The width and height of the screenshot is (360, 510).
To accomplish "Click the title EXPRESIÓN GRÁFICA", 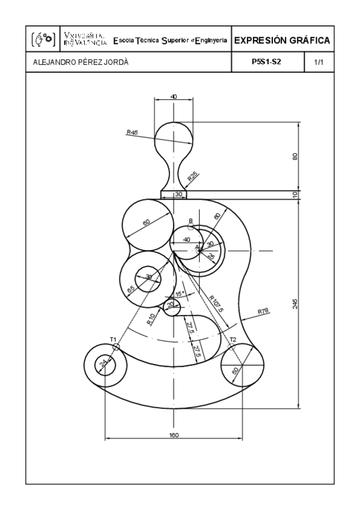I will coord(282,41).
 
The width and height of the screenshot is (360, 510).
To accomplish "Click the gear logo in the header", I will coord(42,41).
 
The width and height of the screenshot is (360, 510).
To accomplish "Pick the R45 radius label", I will coord(132,132).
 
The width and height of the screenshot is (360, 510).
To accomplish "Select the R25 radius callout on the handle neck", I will coord(192,176).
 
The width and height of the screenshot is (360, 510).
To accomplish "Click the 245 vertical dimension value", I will coord(294,305).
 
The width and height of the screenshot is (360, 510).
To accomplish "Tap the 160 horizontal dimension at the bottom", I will coord(174,434).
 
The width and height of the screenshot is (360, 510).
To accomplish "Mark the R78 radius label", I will coord(263,311).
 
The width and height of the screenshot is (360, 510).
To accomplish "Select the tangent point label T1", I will coord(112,340).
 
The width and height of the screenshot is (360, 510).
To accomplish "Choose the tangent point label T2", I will coord(233,340).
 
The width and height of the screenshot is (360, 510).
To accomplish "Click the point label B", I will coord(191,221).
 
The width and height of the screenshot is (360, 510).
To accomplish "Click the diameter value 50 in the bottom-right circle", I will coord(235,370).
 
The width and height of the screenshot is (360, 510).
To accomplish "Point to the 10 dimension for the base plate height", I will coord(294,194).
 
